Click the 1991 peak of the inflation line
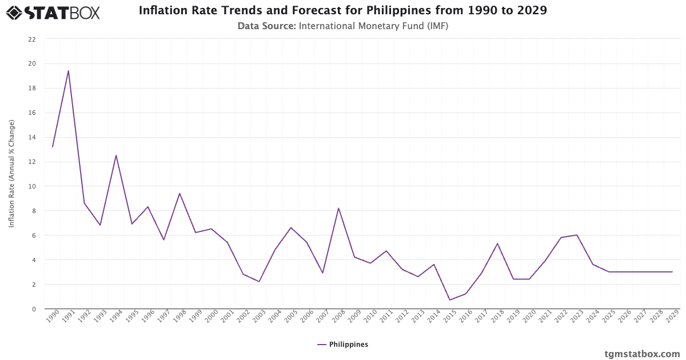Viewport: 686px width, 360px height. point(68,71)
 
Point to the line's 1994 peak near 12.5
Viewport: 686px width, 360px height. point(116,155)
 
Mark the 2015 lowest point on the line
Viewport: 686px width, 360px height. point(450,300)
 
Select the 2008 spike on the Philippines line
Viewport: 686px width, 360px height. point(338,208)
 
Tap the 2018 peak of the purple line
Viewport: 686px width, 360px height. point(497,243)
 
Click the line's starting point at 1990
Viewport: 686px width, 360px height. point(53,147)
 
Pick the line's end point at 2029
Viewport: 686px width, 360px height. point(672,272)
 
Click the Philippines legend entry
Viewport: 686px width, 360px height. point(343,345)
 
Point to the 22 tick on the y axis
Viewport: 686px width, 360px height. point(32,39)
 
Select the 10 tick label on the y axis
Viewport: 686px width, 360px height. point(32,186)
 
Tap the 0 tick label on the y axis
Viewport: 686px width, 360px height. point(34,309)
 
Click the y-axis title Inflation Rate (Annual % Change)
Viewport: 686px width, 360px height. point(11,174)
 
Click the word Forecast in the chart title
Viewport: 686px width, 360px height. point(320,11)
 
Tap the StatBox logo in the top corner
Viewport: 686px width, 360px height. point(53,12)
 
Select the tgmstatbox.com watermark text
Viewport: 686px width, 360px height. point(642,354)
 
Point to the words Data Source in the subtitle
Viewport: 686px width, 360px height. point(266,26)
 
